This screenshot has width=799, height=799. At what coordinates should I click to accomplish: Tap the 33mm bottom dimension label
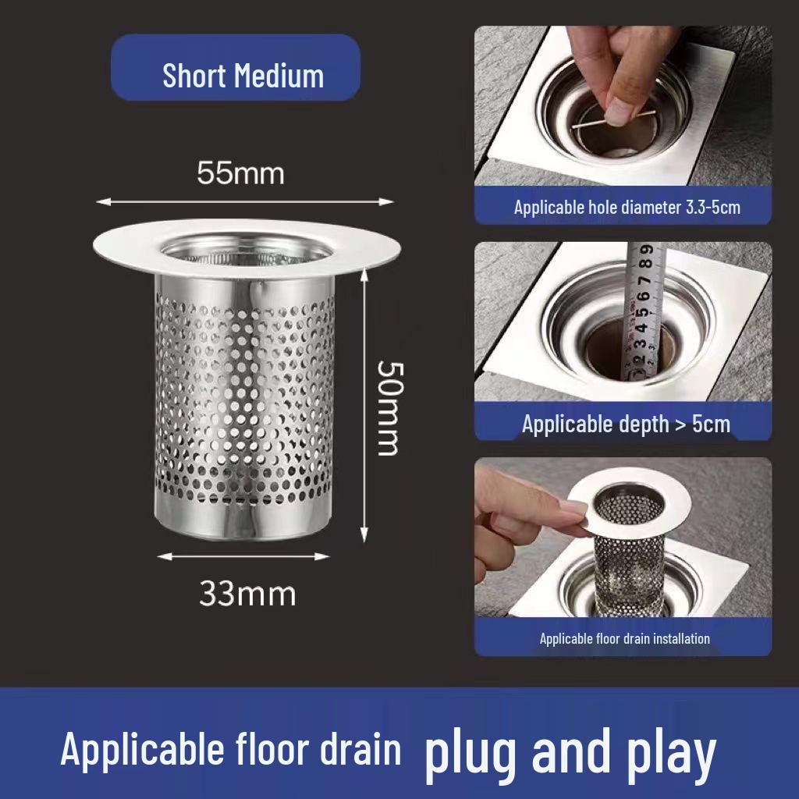coord(247,595)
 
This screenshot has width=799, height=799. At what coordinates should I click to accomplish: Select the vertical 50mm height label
coord(388,407)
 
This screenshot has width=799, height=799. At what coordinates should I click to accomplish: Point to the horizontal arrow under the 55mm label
coord(244,201)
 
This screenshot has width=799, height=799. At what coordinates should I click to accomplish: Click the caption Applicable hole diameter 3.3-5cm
coord(627,208)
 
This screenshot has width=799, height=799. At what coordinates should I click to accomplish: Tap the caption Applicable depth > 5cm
coord(626,424)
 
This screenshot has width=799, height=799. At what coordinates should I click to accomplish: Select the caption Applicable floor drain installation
coord(624,638)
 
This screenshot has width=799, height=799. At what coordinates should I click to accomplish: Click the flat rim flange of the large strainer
coord(125,250)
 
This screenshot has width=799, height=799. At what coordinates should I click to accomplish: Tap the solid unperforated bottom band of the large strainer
coord(242,519)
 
